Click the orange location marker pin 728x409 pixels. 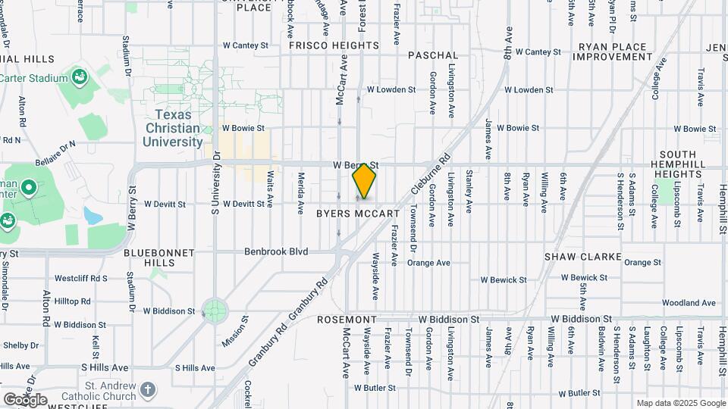(x=365, y=180)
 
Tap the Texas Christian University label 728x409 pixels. (x=174, y=128)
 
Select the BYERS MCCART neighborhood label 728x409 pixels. (x=357, y=214)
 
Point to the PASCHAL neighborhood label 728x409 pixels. (x=433, y=55)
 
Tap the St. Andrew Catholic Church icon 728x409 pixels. (x=148, y=389)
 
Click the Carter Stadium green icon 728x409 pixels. (x=79, y=77)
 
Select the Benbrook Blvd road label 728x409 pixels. (x=276, y=251)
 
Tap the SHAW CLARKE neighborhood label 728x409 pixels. (x=583, y=257)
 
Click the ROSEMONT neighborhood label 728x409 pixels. (x=347, y=320)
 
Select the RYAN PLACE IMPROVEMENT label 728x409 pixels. (x=614, y=52)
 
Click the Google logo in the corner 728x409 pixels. (x=24, y=399)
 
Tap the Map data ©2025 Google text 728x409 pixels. (x=680, y=403)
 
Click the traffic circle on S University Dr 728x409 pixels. (x=215, y=309)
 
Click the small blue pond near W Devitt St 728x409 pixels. (x=94, y=215)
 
